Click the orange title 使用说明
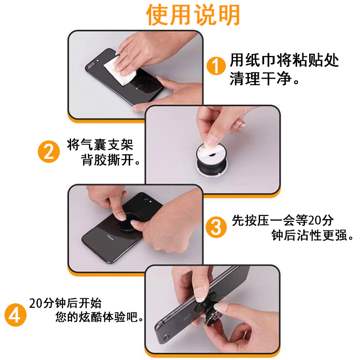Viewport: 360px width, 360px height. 193,15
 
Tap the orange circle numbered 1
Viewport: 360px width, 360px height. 216,66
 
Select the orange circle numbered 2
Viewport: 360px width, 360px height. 49,152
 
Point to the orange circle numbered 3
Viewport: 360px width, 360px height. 216,227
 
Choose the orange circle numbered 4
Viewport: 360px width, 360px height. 15,315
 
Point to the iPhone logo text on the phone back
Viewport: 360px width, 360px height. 110,238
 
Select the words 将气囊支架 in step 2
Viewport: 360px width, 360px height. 100,144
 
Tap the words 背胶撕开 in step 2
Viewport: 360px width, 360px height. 107,160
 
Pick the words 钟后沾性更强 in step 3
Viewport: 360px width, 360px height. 309,235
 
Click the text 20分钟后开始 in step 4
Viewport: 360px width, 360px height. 65,303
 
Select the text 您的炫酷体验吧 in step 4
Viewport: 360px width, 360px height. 96,317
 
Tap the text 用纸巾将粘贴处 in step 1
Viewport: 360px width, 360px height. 284,60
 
